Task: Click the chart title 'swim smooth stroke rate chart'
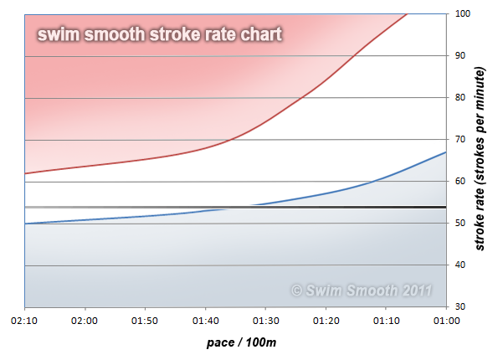[x=158, y=34]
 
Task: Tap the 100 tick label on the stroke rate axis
[x=463, y=13]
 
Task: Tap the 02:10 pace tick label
[x=25, y=320]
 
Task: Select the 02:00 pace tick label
[x=85, y=320]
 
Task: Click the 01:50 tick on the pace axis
[x=146, y=320]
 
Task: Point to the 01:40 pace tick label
[x=206, y=320]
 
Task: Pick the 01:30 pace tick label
[x=265, y=320]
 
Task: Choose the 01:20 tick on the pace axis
[x=326, y=320]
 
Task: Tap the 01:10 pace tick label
[x=386, y=320]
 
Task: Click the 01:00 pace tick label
[x=445, y=320]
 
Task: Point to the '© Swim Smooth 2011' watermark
[x=361, y=291]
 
